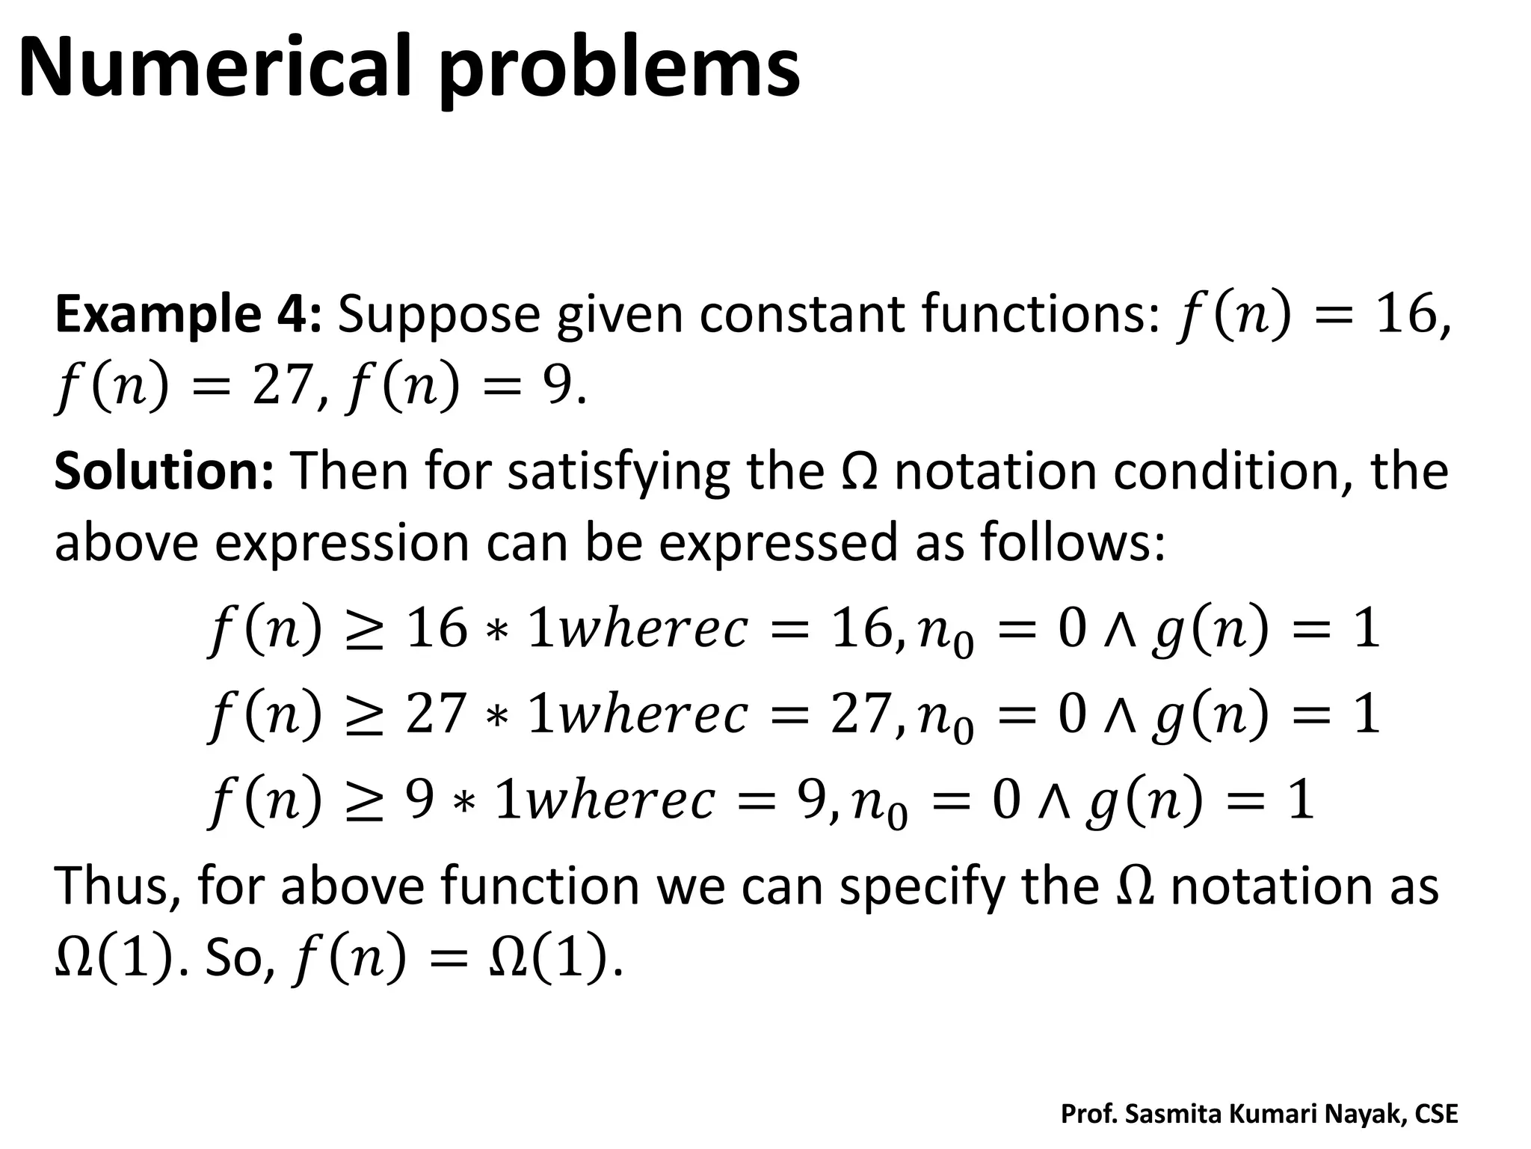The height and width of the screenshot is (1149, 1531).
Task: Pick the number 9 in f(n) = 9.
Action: tap(555, 387)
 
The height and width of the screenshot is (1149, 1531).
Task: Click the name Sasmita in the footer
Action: tap(1173, 1114)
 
